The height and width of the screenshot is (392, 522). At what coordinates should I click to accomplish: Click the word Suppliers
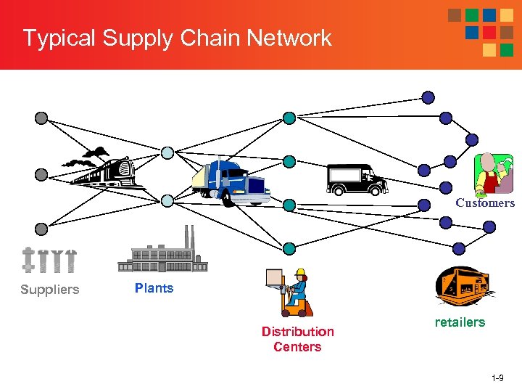pyautogui.click(x=49, y=290)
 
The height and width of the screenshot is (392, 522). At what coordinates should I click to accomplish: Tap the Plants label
pyautogui.click(x=154, y=288)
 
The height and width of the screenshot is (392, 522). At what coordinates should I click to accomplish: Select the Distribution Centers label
pyautogui.click(x=297, y=339)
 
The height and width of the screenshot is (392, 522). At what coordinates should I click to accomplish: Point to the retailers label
pyautogui.click(x=460, y=322)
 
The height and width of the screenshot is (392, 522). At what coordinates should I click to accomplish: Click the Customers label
pyautogui.click(x=484, y=203)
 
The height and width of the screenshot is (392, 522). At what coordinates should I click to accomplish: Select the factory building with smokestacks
pyautogui.click(x=162, y=251)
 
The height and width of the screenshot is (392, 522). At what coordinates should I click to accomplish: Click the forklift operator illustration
pyautogui.click(x=290, y=292)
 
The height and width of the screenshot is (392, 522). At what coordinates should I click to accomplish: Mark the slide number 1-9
pyautogui.click(x=498, y=379)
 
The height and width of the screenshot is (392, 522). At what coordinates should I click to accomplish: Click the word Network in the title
pyautogui.click(x=289, y=38)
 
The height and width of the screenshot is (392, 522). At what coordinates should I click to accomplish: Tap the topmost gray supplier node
pyautogui.click(x=41, y=118)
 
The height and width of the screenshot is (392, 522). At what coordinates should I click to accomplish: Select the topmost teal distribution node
pyautogui.click(x=289, y=118)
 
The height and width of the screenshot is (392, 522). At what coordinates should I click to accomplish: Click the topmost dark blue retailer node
pyautogui.click(x=428, y=97)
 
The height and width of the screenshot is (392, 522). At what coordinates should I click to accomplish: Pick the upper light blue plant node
pyautogui.click(x=167, y=153)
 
